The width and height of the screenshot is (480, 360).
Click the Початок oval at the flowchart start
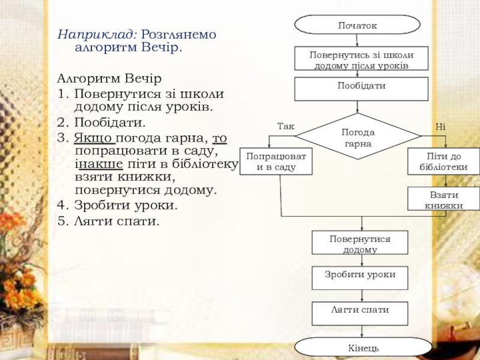[357, 25]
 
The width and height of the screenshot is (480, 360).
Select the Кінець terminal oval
[363, 347]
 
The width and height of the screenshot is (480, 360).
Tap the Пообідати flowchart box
[361, 89]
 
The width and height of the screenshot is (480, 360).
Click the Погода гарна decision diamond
[358, 136]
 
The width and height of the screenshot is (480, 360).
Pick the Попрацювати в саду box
[276, 161]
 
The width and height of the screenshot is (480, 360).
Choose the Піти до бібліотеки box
[443, 161]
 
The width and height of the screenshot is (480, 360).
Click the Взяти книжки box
[443, 199]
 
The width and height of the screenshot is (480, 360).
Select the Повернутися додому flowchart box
[359, 242]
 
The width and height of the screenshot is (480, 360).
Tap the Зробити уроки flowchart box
[359, 278]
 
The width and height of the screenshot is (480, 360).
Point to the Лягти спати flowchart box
[359, 313]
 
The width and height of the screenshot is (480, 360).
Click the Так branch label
[286, 126]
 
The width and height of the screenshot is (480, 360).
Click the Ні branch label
[440, 127]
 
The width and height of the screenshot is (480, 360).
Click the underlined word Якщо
[94, 138]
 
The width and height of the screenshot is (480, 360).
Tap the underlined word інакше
[99, 164]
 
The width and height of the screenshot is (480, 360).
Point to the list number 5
[62, 221]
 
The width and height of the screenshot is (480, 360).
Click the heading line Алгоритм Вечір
[109, 79]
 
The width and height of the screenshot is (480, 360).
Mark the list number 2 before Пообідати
[62, 122]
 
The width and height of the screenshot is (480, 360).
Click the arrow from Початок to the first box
[357, 40]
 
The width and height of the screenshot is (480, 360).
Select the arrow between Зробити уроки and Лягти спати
[362, 296]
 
